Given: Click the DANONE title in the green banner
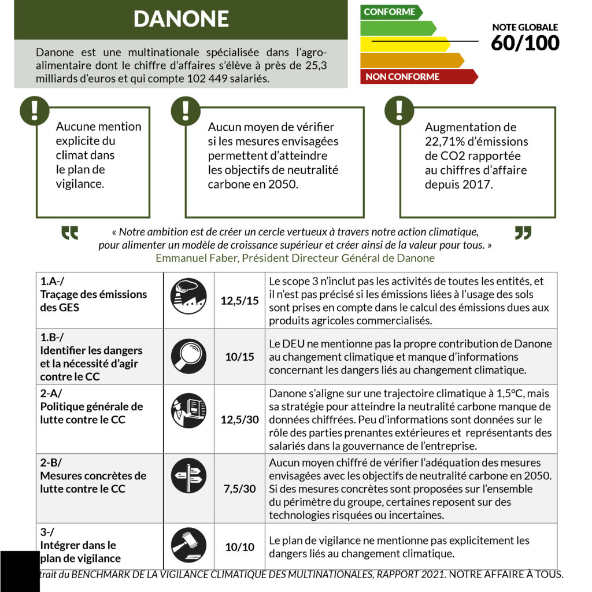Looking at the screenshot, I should (181, 19).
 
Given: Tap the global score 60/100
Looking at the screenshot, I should (525, 43).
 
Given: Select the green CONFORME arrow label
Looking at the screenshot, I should (390, 12).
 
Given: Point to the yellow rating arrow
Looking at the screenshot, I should (405, 44).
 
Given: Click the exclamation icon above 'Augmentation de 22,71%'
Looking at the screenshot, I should (399, 110).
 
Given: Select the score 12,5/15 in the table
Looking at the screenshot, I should (239, 301).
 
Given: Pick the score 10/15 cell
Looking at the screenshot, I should (239, 357).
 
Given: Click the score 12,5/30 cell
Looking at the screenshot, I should (239, 419).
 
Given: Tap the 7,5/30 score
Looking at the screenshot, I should (239, 489).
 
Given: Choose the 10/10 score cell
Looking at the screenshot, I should (239, 546).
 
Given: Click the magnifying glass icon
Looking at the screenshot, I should (188, 356).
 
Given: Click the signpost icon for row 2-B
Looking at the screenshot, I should (188, 475).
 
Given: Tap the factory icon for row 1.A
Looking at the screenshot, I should (188, 296).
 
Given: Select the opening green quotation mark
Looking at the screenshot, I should (70, 233).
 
